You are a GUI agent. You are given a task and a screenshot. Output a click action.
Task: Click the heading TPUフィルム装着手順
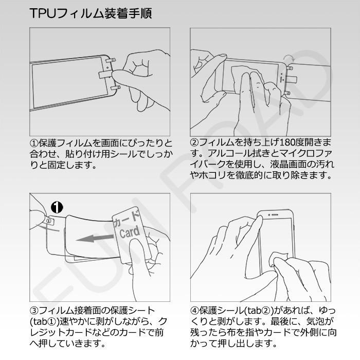tap(91, 13)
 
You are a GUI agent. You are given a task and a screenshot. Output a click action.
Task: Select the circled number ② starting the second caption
tap(194, 142)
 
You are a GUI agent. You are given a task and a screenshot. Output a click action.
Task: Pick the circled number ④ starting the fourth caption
tap(194, 311)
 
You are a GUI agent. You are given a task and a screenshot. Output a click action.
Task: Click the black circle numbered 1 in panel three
tap(57, 207)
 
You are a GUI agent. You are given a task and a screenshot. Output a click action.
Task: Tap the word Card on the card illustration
tap(130, 232)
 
